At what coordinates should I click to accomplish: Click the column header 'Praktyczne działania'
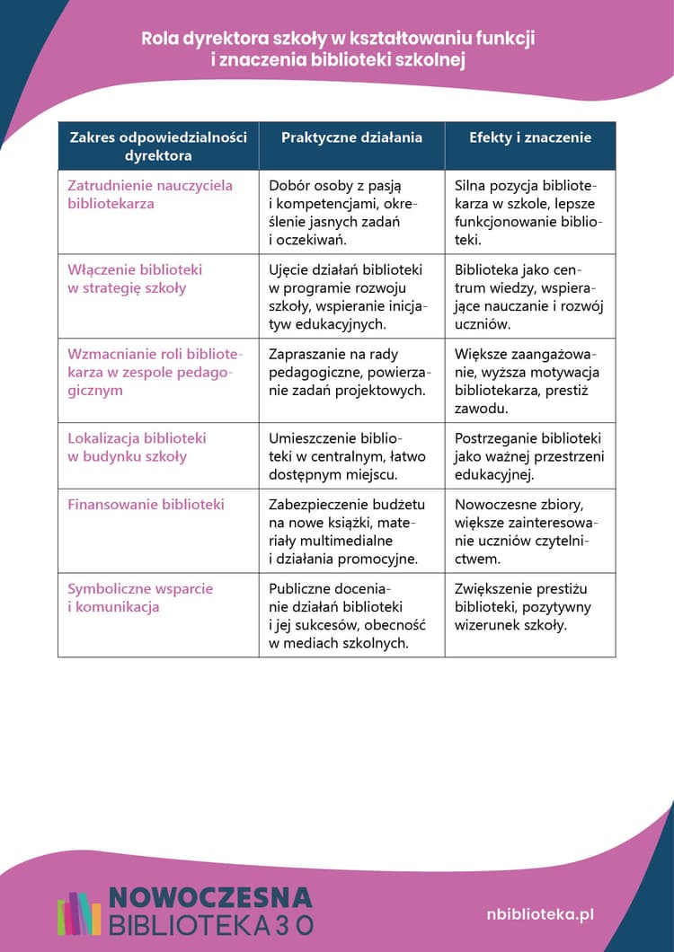coord(351,137)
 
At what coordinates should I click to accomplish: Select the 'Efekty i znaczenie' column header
coord(530,137)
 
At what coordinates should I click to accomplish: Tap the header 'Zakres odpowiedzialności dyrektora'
coord(158,146)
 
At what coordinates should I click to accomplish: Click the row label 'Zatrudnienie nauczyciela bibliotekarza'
coord(150,194)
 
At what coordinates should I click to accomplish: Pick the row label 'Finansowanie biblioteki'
coord(146,504)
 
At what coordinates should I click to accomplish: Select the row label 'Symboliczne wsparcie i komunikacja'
coord(140,597)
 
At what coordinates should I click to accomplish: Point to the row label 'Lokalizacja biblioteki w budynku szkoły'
coord(137,446)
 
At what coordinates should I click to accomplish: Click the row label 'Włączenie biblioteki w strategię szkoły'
coord(135,278)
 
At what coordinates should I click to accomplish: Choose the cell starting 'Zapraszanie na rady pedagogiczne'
coord(350,372)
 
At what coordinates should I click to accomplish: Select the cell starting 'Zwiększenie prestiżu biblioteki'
coord(522,606)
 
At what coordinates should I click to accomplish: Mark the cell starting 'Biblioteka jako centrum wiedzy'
coord(528,296)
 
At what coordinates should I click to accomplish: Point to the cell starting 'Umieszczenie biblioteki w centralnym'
coord(346,456)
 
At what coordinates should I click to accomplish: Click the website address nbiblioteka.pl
coord(539,914)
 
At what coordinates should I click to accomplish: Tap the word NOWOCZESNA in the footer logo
coord(210,897)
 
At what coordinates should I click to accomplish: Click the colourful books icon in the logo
coord(79,913)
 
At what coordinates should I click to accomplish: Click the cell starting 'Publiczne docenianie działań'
coord(347,615)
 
